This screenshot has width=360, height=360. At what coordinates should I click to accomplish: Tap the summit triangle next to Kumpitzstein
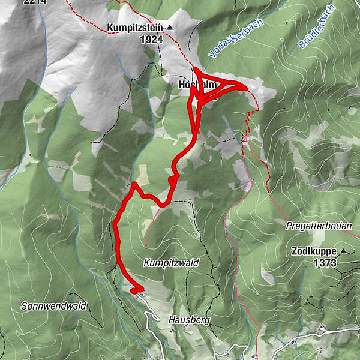170,28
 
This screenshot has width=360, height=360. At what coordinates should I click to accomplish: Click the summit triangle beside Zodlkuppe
344,251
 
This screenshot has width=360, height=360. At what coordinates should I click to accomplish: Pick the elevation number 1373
324,262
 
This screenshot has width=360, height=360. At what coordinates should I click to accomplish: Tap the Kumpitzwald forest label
171,263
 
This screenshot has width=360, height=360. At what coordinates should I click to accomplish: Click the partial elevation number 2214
34,2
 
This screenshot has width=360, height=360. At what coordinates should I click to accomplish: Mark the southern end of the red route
133,292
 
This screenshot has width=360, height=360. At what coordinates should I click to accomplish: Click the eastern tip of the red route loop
245,88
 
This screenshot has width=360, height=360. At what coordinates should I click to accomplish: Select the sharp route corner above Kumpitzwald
134,184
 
